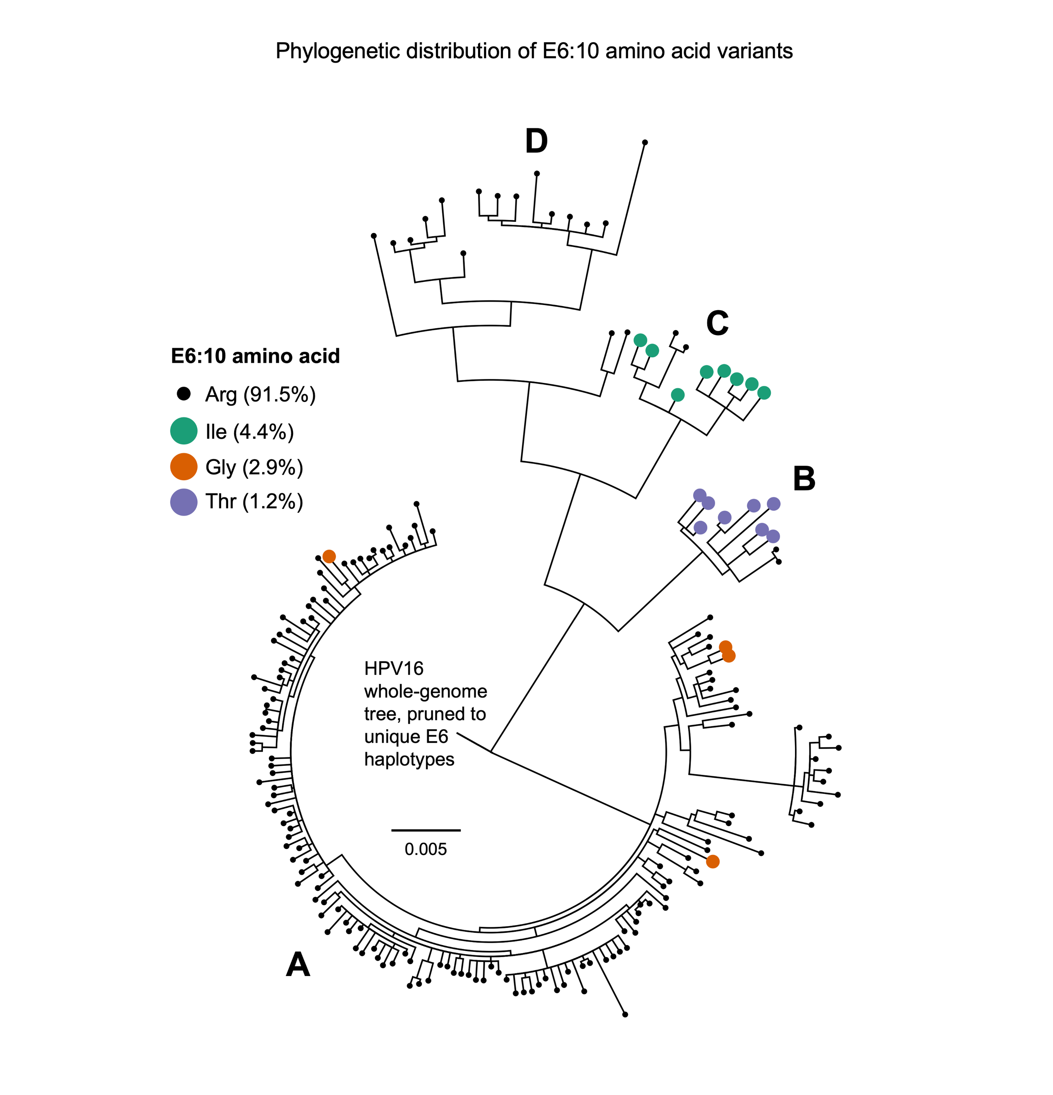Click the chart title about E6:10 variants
pos(534,51)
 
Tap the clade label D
pos(536,141)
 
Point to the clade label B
pos(804,479)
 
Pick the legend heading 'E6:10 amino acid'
pos(255,356)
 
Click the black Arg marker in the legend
pos(183,394)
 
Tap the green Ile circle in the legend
pos(183,431)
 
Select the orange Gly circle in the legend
pos(183,466)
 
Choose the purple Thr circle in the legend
pos(183,502)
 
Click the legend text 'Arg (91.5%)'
pos(260,394)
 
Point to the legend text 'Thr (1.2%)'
pos(254,502)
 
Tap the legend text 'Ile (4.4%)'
pos(250,431)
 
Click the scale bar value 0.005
pos(426,849)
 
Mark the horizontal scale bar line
pos(426,830)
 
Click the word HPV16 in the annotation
pos(394,669)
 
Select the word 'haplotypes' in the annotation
pos(409,760)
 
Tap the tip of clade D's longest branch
pos(645,142)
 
